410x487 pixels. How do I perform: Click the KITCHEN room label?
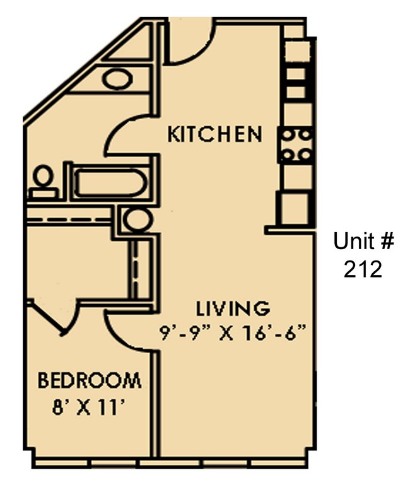[x=214, y=134]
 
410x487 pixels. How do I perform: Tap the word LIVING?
[x=233, y=309]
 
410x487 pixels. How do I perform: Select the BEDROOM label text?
[x=89, y=381]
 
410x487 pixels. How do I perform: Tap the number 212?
[x=363, y=270]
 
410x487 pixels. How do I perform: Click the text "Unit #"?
[x=364, y=242]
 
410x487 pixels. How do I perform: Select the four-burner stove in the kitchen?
[x=296, y=144]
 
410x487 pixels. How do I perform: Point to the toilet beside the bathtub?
[x=43, y=180]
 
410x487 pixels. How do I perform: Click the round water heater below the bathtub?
[x=137, y=220]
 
